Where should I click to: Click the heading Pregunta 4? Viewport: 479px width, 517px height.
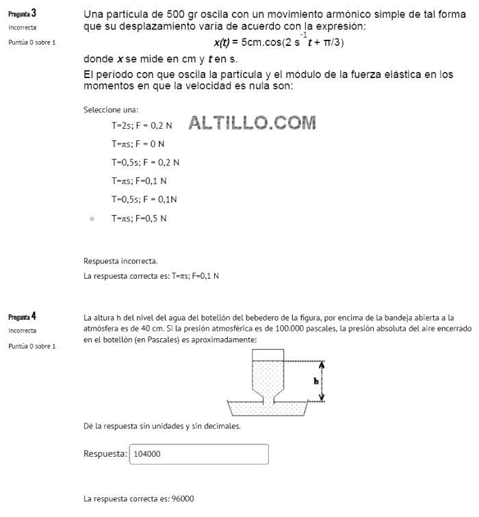coord(22,317)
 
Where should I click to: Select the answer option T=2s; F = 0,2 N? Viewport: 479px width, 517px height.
coord(142,127)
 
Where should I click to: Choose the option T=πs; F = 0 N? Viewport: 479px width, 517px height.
coord(138,144)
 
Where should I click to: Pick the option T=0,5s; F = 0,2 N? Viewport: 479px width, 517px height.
coord(145,163)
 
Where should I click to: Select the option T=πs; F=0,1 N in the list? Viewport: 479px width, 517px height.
coord(139,181)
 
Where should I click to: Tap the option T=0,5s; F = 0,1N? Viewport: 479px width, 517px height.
coord(144,199)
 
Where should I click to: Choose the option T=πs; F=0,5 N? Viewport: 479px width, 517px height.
coord(139,218)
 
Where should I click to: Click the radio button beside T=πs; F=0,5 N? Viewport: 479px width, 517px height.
coord(92,218)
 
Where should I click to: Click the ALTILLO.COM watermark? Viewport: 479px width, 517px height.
coord(251,124)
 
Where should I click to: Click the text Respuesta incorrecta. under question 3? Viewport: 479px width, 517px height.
coord(120,261)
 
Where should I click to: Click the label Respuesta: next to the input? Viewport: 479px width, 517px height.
coord(105,454)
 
